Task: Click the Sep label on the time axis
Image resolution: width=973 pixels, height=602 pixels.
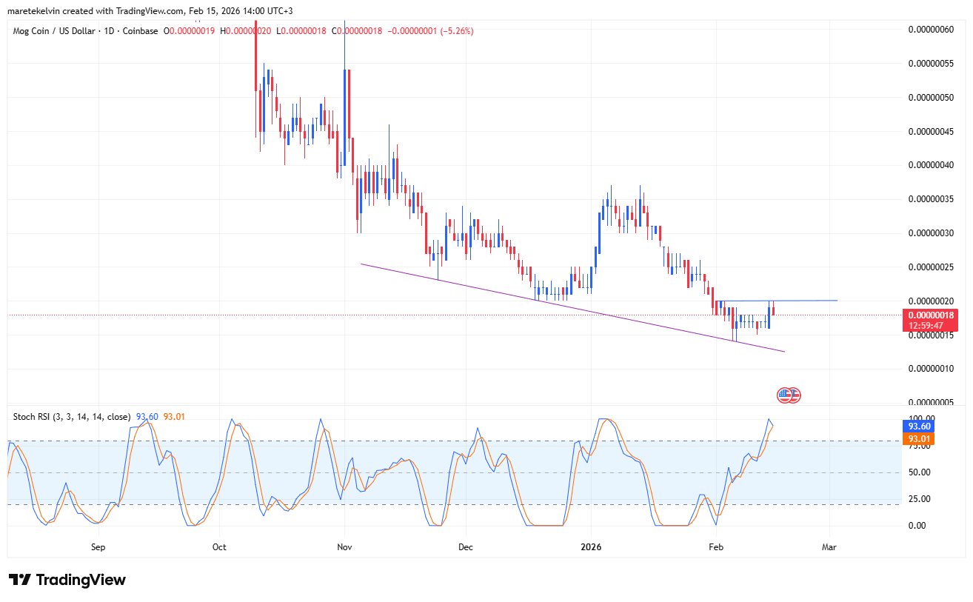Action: [98, 547]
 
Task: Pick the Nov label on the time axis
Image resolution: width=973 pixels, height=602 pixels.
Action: [344, 547]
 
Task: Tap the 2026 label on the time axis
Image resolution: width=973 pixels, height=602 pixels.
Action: [590, 547]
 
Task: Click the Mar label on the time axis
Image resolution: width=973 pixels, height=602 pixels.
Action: [829, 547]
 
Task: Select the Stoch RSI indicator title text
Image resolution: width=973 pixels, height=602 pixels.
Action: [72, 417]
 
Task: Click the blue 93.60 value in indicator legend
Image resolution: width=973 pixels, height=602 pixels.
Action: [147, 417]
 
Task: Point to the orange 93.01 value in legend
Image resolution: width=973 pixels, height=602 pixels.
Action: [174, 417]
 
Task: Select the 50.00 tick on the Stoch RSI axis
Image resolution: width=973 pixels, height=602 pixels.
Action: [919, 472]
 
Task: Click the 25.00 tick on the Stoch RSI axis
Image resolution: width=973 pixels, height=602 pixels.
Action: [919, 499]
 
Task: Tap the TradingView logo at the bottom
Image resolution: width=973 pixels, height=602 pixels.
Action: [67, 580]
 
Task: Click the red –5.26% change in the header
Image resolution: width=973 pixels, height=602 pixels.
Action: [457, 30]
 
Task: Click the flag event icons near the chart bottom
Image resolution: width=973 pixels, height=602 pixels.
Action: [789, 395]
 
